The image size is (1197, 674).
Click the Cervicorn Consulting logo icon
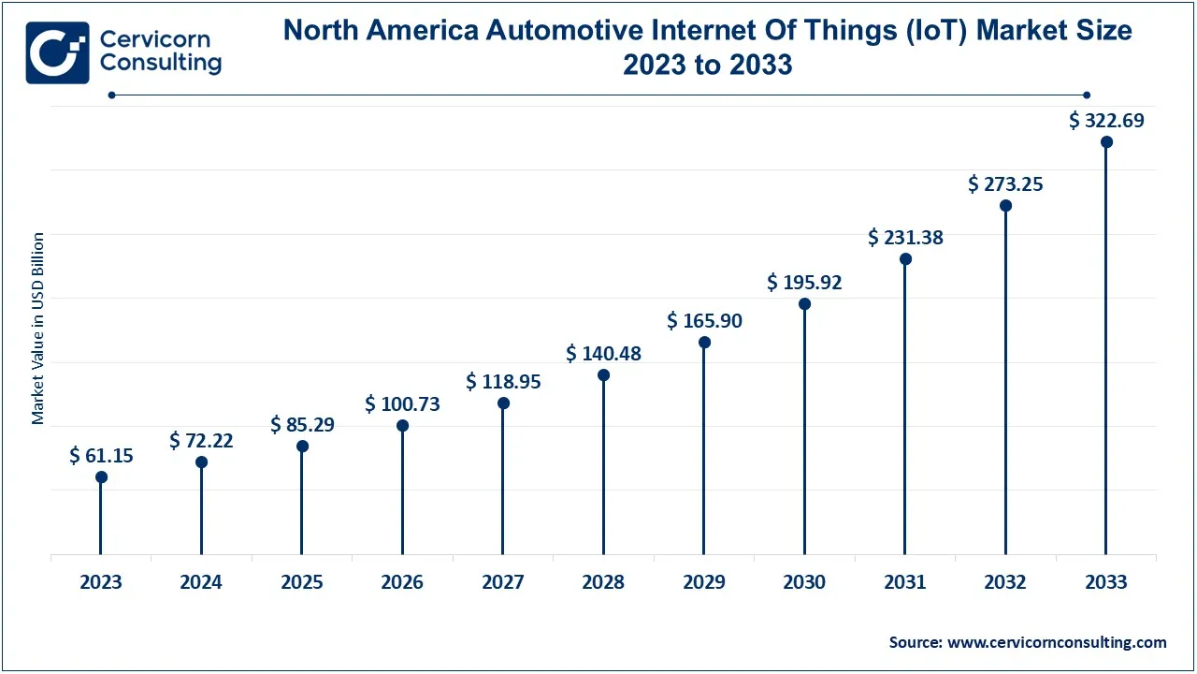(x=57, y=52)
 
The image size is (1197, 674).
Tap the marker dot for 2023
(x=101, y=477)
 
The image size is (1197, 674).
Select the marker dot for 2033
(x=1106, y=142)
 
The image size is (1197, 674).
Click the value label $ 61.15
(x=101, y=456)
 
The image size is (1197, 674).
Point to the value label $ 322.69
(x=1106, y=121)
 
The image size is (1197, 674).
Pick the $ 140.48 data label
(x=603, y=354)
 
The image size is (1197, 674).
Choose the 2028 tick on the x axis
(x=603, y=582)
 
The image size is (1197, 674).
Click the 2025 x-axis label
(x=302, y=582)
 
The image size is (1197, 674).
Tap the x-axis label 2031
(x=905, y=582)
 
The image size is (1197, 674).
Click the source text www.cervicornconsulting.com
(x=1057, y=642)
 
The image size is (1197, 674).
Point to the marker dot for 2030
(x=804, y=304)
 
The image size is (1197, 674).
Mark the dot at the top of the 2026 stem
(x=402, y=426)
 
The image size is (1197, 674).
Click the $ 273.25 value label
(x=1005, y=184)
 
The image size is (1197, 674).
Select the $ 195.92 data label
(x=804, y=283)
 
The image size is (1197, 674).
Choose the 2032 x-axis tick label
(x=1005, y=582)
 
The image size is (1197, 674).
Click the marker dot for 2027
(x=503, y=403)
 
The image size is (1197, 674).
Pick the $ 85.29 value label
(x=302, y=425)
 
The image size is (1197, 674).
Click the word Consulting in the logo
(x=160, y=64)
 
